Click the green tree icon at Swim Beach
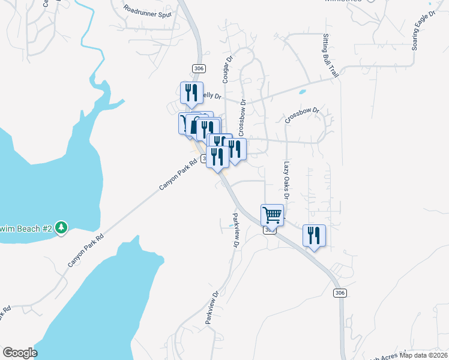[x=61, y=228]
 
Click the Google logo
[x=19, y=353]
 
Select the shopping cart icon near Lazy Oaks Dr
[x=273, y=214]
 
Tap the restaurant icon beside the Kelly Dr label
[x=191, y=92]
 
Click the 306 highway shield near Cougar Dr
[x=199, y=68]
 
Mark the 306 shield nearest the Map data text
[x=340, y=293]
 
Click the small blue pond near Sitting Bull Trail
[x=301, y=92]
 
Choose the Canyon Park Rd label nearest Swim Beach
[x=85, y=250]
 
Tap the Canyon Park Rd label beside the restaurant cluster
[x=178, y=175]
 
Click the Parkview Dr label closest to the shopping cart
[x=236, y=229]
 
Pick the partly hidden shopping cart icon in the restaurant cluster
[x=184, y=123]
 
